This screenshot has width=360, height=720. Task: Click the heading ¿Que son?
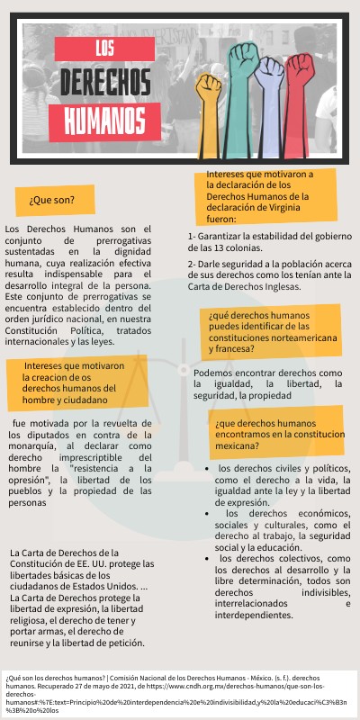coord(50,199)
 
